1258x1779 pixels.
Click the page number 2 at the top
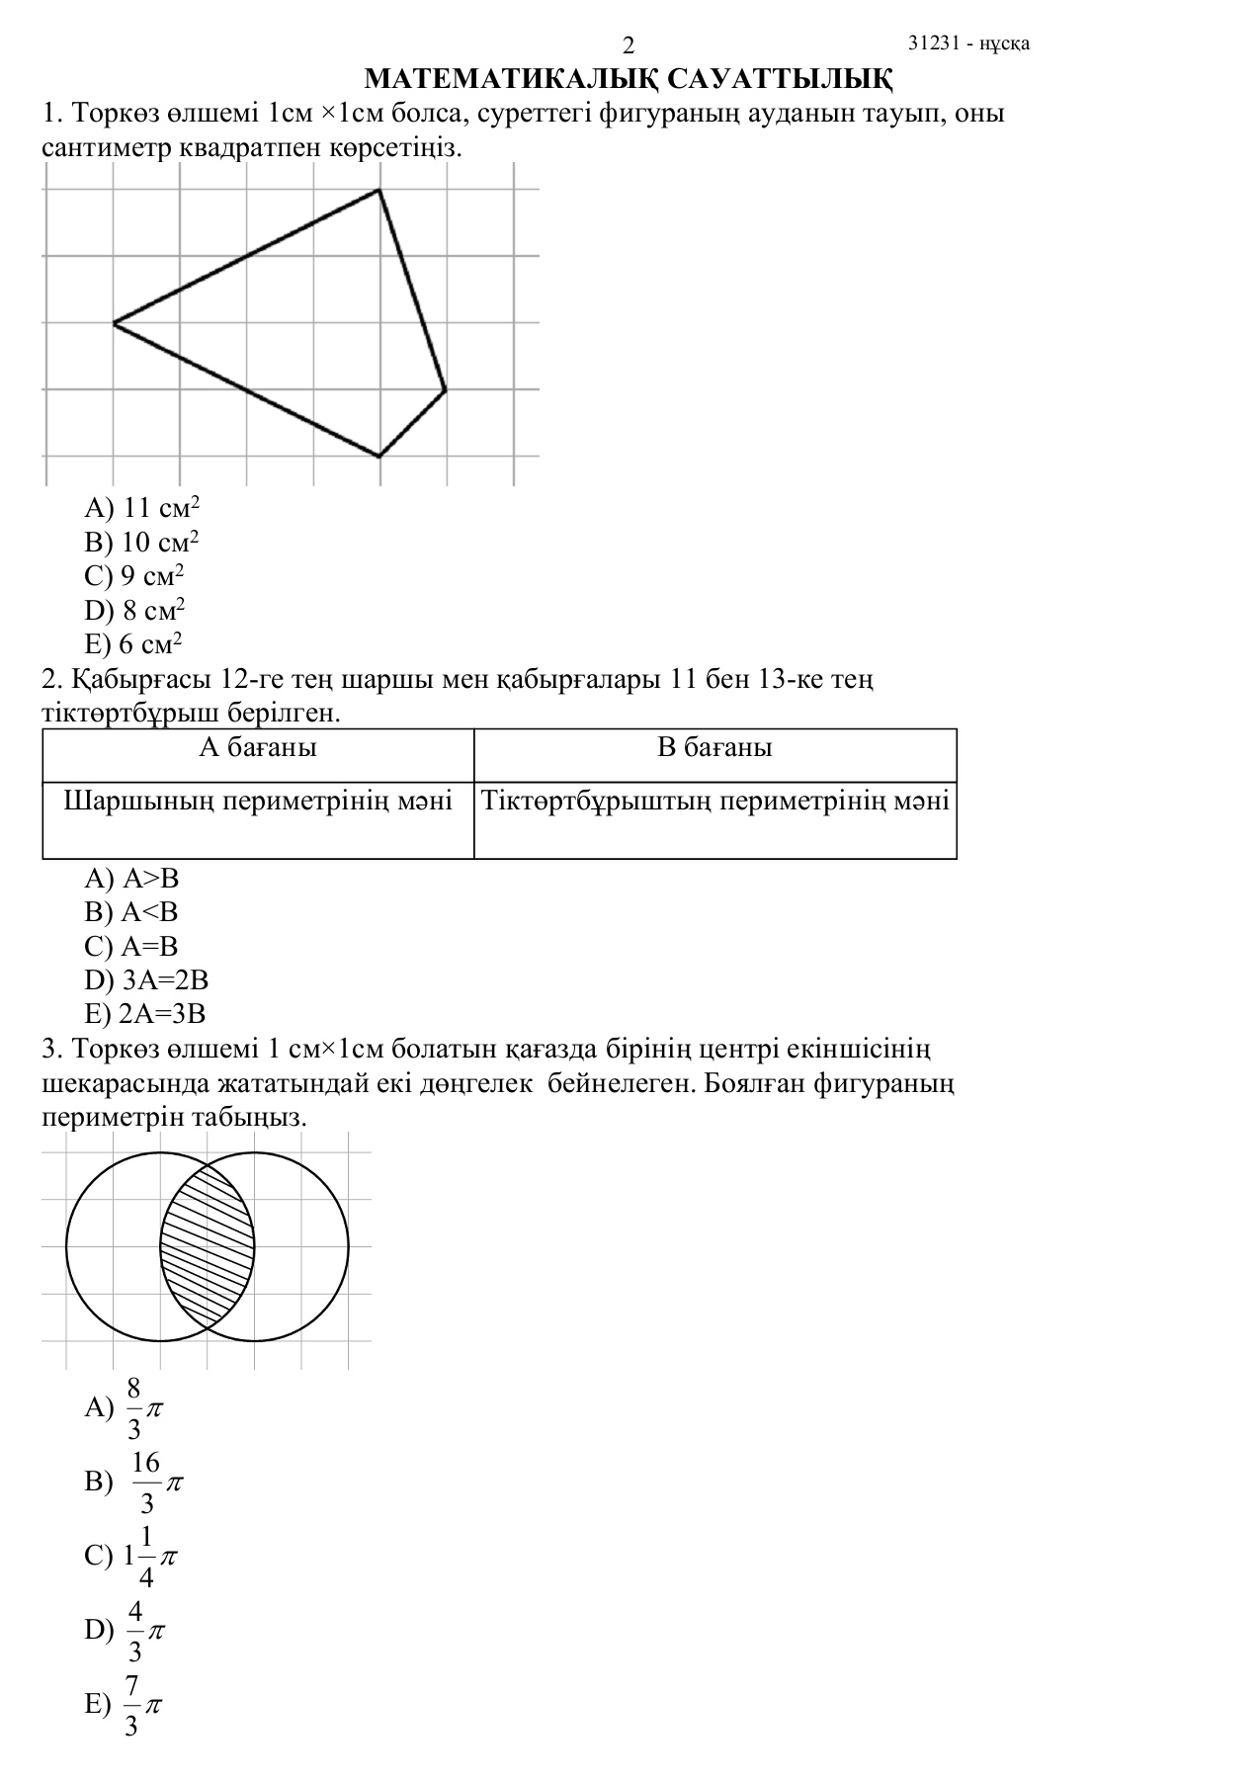click(x=629, y=45)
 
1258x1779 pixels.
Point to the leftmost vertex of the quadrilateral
click(x=114, y=323)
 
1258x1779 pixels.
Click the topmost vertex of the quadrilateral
click(x=378, y=190)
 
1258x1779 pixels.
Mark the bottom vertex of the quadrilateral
click(x=379, y=457)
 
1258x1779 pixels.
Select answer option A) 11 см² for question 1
click(x=142, y=508)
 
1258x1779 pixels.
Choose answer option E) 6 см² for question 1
click(x=133, y=644)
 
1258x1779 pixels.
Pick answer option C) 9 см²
click(x=134, y=576)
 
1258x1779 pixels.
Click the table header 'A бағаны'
click(x=258, y=747)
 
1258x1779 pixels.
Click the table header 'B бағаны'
click(x=714, y=747)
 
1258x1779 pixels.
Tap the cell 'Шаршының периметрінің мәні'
click(x=258, y=801)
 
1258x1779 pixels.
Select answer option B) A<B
click(x=131, y=912)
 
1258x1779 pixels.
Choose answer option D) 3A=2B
click(x=146, y=980)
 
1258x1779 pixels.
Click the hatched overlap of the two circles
click(x=208, y=1247)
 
